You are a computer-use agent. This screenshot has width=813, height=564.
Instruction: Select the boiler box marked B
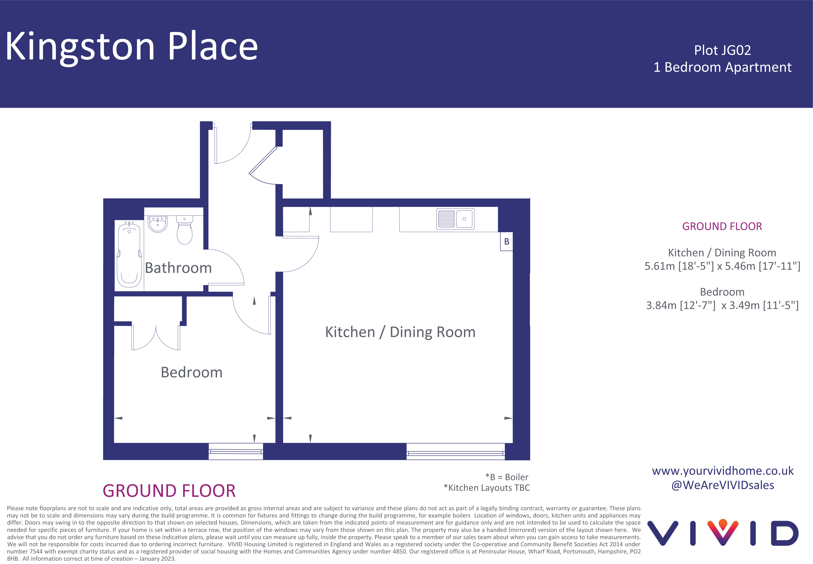pyautogui.click(x=506, y=241)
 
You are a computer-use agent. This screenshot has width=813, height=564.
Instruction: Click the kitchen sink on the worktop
pyautogui.click(x=455, y=219)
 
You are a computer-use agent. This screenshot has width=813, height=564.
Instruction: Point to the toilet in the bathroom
pyautogui.click(x=185, y=230)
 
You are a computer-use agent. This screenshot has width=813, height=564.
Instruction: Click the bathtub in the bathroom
pyautogui.click(x=129, y=254)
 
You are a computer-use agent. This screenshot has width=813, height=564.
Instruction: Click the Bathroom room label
pyautogui.click(x=178, y=268)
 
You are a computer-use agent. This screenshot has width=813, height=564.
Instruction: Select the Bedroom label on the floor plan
pyautogui.click(x=192, y=373)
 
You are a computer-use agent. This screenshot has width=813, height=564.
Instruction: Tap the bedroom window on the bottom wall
pyautogui.click(x=235, y=451)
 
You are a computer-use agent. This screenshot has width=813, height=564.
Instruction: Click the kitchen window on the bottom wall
pyautogui.click(x=456, y=451)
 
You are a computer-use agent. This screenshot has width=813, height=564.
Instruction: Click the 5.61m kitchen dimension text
pyautogui.click(x=722, y=266)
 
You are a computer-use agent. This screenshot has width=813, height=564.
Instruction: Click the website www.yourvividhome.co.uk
pyautogui.click(x=723, y=471)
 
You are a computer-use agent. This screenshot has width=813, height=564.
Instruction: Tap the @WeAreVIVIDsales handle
pyautogui.click(x=723, y=485)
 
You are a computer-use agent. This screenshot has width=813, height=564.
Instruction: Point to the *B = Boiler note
pyautogui.click(x=507, y=477)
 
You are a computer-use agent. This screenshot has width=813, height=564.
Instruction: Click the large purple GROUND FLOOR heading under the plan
pyautogui.click(x=169, y=491)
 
